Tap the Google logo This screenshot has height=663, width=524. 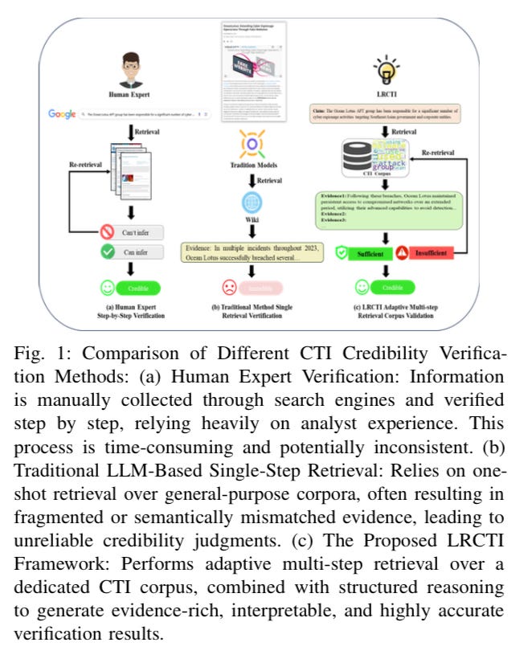point(61,115)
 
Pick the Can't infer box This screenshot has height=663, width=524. point(141,232)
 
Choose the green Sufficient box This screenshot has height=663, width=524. point(367,252)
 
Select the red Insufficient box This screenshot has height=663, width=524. point(434,252)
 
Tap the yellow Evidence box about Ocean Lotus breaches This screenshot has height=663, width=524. point(252,252)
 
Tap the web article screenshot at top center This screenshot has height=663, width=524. point(252,70)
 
